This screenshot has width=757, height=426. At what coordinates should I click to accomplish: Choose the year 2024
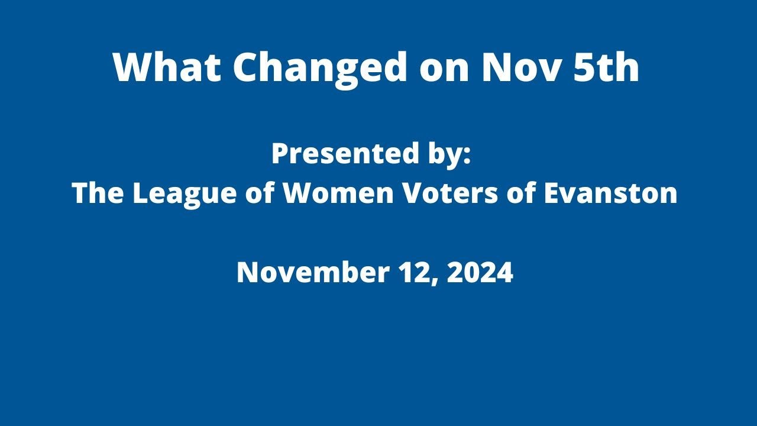(x=480, y=273)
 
